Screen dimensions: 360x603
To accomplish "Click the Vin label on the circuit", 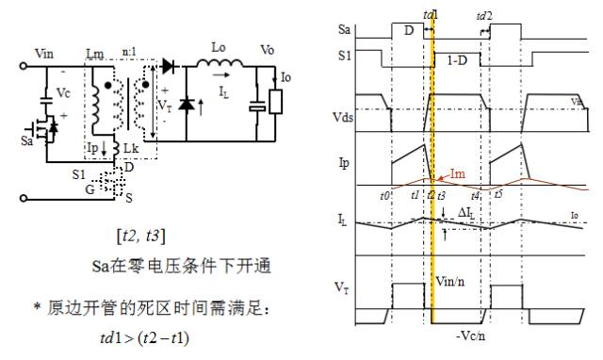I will click(43, 55).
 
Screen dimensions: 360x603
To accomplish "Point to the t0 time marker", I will click(384, 196).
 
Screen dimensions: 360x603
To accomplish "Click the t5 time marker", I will click(497, 195).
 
